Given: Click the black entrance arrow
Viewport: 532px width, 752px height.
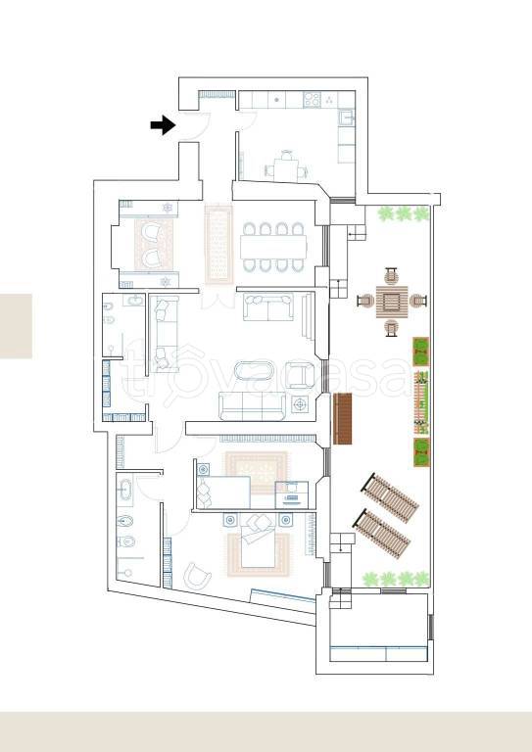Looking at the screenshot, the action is (163, 125).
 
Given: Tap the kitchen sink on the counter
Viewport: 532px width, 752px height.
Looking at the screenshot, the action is (346, 117).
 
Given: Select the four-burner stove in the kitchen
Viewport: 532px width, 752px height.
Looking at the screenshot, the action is (312, 100).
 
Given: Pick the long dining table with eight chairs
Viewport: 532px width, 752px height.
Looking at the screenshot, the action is (273, 247).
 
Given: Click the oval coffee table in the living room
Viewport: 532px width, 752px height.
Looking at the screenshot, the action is (254, 371).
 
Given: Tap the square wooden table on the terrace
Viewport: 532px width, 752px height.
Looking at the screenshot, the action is (392, 302).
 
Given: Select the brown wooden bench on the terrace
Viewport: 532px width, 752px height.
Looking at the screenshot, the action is (343, 419).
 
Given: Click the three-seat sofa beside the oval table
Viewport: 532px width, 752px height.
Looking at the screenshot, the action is (253, 405).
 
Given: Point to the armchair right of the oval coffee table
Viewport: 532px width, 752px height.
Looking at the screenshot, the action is (300, 375).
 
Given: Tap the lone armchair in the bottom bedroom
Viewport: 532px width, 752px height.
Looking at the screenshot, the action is (197, 576).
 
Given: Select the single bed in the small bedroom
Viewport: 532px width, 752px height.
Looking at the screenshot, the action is (223, 493).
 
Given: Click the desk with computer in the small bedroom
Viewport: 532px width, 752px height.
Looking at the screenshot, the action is (291, 494).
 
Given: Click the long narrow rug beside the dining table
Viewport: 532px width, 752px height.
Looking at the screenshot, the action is (218, 244).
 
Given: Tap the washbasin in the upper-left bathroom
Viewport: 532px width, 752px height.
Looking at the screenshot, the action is (134, 301).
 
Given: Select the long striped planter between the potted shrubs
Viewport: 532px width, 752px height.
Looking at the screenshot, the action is (420, 402).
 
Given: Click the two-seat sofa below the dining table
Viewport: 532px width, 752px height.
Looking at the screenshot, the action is (268, 306).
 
